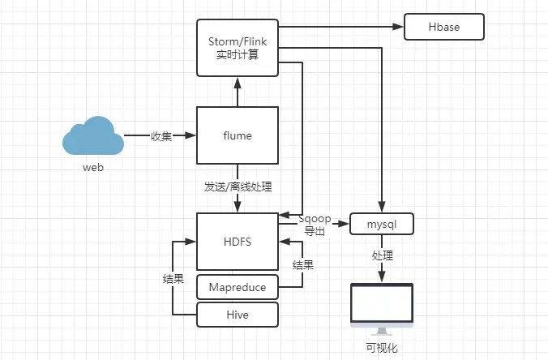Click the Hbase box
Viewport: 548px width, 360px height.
coord(443,27)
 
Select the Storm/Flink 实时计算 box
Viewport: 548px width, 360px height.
coord(238,48)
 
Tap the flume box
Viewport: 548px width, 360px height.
coord(238,136)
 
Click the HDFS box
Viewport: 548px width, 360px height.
coord(238,242)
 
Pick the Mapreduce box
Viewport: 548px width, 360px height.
coord(238,287)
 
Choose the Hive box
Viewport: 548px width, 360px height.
coord(238,314)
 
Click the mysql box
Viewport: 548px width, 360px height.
coord(381,224)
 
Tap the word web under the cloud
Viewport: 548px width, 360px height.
coord(93,168)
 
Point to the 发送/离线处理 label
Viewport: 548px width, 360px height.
coord(238,186)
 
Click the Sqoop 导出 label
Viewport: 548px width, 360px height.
coord(314,225)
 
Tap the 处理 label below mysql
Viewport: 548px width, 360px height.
coord(382,255)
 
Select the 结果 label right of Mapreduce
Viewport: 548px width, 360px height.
coord(303,265)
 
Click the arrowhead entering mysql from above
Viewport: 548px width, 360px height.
coord(381,208)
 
